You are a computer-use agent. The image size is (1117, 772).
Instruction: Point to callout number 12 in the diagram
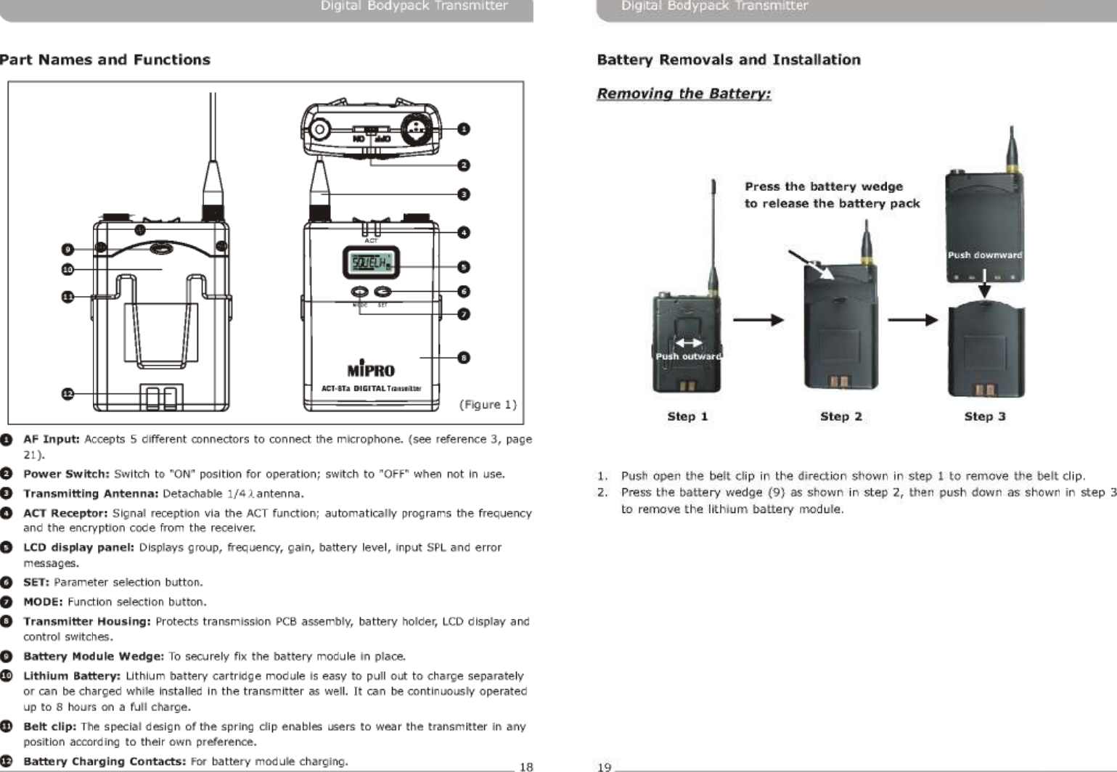[67, 393]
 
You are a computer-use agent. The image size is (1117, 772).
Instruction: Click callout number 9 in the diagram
[67, 250]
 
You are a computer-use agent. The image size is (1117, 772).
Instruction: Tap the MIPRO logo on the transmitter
[371, 370]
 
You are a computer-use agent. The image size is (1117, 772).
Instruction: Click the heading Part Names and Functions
[105, 59]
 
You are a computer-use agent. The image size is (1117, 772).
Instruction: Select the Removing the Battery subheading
[683, 94]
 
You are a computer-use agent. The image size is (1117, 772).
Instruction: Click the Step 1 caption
[687, 416]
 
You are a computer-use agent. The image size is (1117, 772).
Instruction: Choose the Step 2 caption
[840, 416]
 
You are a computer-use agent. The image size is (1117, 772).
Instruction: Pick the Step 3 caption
[984, 416]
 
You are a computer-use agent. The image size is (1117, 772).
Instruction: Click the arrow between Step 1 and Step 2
[758, 320]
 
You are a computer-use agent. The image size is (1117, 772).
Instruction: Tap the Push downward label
[984, 255]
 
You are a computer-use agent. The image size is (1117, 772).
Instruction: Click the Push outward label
[688, 356]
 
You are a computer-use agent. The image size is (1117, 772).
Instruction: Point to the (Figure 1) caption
[488, 404]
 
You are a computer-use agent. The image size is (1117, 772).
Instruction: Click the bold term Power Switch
[66, 474]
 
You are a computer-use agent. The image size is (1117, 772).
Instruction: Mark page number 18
[526, 766]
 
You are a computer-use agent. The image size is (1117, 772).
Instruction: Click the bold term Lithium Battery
[72, 675]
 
